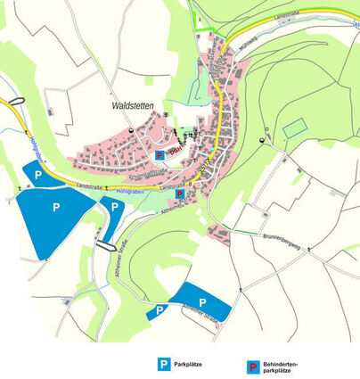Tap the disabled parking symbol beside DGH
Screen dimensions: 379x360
point(160,153)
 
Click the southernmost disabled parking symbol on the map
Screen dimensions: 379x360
point(180,194)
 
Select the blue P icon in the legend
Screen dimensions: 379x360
point(163,364)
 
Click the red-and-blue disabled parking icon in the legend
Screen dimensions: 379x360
point(253,365)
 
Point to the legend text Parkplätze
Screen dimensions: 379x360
point(189,365)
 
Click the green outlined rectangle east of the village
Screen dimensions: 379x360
point(293,128)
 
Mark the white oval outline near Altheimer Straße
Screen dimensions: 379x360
point(105,243)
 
